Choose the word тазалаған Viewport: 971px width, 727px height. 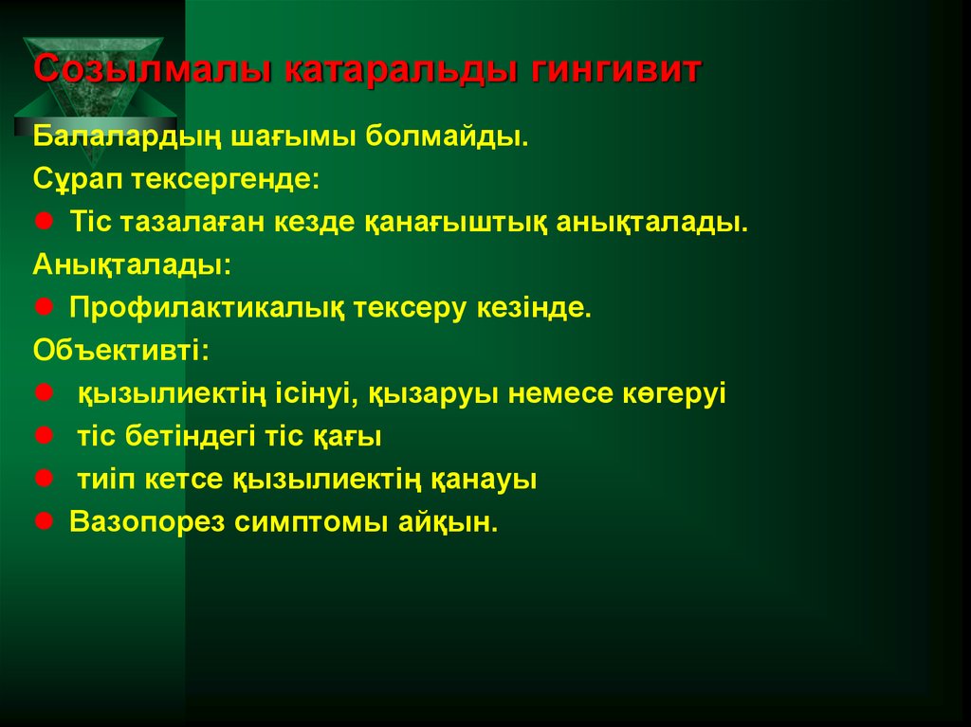[193, 224]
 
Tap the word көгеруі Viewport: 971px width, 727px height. [676, 393]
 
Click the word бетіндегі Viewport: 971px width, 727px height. [186, 437]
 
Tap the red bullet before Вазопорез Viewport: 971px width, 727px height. [44, 521]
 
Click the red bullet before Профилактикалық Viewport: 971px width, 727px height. [44, 308]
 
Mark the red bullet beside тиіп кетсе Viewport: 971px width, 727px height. [44, 479]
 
